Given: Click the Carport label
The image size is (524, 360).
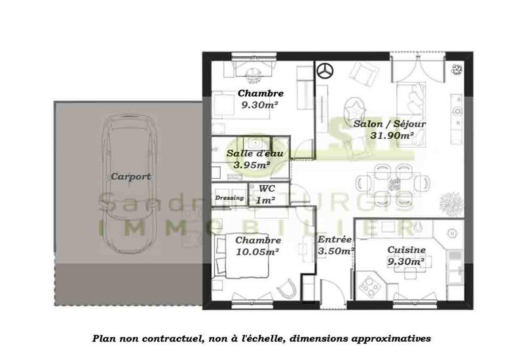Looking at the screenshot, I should (131, 176).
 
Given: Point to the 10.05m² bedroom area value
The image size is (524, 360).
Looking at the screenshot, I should (258, 251).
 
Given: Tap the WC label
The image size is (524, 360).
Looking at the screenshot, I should (267, 189).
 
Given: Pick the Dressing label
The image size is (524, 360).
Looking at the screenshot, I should (229, 197).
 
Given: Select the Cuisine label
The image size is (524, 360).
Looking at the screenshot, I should (407, 250).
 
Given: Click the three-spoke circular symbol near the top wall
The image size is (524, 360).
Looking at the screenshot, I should (326, 71).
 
